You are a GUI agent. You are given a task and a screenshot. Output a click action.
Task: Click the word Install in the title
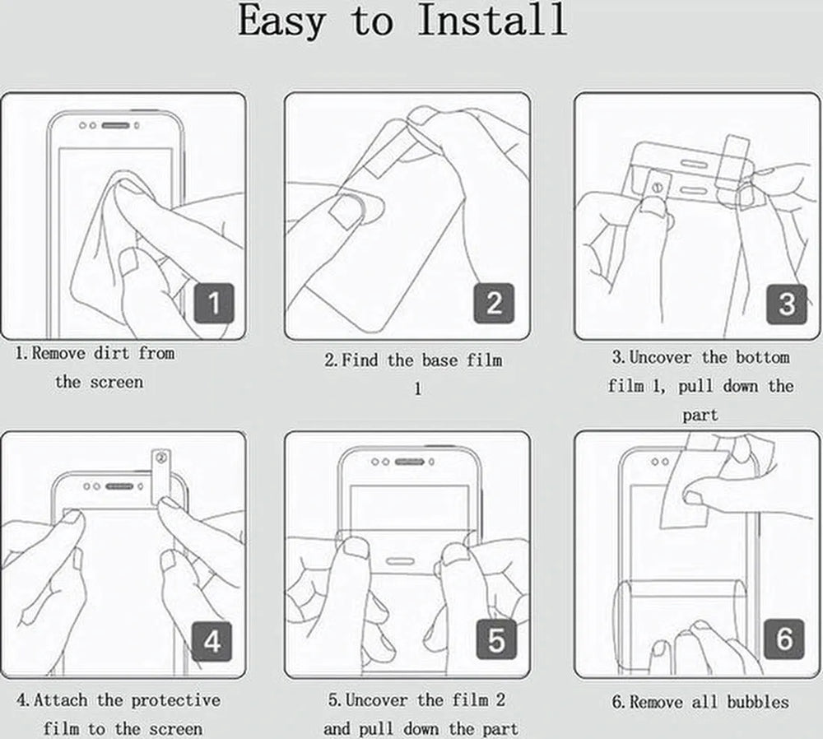click(492, 21)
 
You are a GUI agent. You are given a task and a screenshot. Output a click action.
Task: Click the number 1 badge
click(214, 304)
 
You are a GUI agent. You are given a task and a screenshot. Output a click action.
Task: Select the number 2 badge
click(494, 304)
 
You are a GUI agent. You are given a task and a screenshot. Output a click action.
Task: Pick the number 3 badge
click(786, 304)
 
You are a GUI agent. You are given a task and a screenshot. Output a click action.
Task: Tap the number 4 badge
click(212, 641)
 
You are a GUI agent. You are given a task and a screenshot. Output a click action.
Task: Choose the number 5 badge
click(496, 639)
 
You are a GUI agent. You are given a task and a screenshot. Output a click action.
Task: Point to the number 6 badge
click(784, 639)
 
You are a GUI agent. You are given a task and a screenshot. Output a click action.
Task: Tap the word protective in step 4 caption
click(176, 700)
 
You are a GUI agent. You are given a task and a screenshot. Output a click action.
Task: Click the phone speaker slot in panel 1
click(115, 125)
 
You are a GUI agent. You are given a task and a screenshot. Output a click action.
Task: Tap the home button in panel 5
click(401, 560)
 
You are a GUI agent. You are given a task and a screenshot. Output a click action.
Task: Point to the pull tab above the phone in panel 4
click(160, 476)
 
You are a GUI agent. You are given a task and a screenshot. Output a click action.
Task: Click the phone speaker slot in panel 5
click(409, 462)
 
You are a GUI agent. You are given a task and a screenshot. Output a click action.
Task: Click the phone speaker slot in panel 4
click(119, 486)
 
